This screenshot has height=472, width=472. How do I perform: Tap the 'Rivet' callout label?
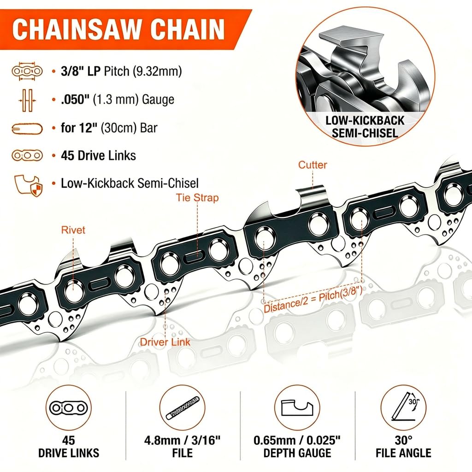coord(73,230)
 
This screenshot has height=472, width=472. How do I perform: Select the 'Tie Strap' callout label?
coord(197,198)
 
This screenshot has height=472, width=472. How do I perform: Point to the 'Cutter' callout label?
coord(313,165)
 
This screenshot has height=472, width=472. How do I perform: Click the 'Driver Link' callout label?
coord(165,342)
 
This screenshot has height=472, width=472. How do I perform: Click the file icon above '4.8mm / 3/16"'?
coord(183,408)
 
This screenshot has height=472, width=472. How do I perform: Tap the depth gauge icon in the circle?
coord(297,408)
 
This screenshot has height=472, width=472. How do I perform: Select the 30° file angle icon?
coord(405,408)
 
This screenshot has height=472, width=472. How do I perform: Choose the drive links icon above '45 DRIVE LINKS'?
coord(69,408)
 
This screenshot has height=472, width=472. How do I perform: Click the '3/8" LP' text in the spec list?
coord(81,71)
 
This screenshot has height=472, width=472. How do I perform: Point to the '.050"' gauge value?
coord(75,100)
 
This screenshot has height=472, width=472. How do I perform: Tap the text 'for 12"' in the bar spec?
coord(79,128)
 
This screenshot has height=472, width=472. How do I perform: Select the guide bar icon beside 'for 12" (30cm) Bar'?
coord(27,128)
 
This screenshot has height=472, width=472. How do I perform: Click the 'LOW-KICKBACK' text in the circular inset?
coord(365,120)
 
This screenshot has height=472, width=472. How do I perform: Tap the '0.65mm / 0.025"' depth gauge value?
coord(297,440)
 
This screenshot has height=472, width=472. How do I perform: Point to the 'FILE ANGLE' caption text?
coord(403,453)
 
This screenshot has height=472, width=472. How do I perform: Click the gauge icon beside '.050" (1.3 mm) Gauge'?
coord(27,100)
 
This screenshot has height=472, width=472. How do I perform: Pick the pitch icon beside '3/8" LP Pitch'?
coord(27,71)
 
